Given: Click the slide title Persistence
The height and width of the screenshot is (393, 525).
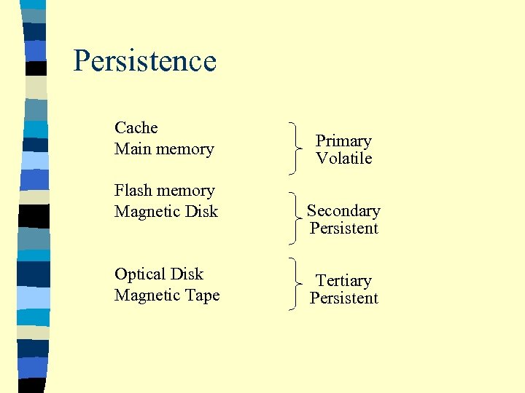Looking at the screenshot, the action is point(145,61).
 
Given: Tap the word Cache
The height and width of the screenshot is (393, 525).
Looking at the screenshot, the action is point(136,128).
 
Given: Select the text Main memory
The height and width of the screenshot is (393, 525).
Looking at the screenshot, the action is point(164,149).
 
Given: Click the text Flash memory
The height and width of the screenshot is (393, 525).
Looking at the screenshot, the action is point(165,191).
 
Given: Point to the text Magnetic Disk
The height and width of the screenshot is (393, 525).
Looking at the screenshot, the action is point(166,212).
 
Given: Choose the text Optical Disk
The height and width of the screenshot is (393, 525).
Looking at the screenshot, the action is point(159,274).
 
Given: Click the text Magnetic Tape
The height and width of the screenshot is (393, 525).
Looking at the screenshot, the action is point(167,295).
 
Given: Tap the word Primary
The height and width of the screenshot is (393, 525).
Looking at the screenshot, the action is point(343,141).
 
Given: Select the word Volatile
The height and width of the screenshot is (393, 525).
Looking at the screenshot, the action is point(343,159).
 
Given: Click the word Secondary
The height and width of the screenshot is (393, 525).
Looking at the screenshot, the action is point(343,211).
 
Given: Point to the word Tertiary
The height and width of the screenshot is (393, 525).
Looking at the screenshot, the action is point(343,281).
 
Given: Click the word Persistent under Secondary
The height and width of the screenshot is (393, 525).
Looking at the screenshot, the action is point(343,229).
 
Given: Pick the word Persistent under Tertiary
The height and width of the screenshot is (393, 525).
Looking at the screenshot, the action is point(343,298).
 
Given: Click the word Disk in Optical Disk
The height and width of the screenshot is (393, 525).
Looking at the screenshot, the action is point(187,274).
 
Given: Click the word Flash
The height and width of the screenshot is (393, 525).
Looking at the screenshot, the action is point(132,191).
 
